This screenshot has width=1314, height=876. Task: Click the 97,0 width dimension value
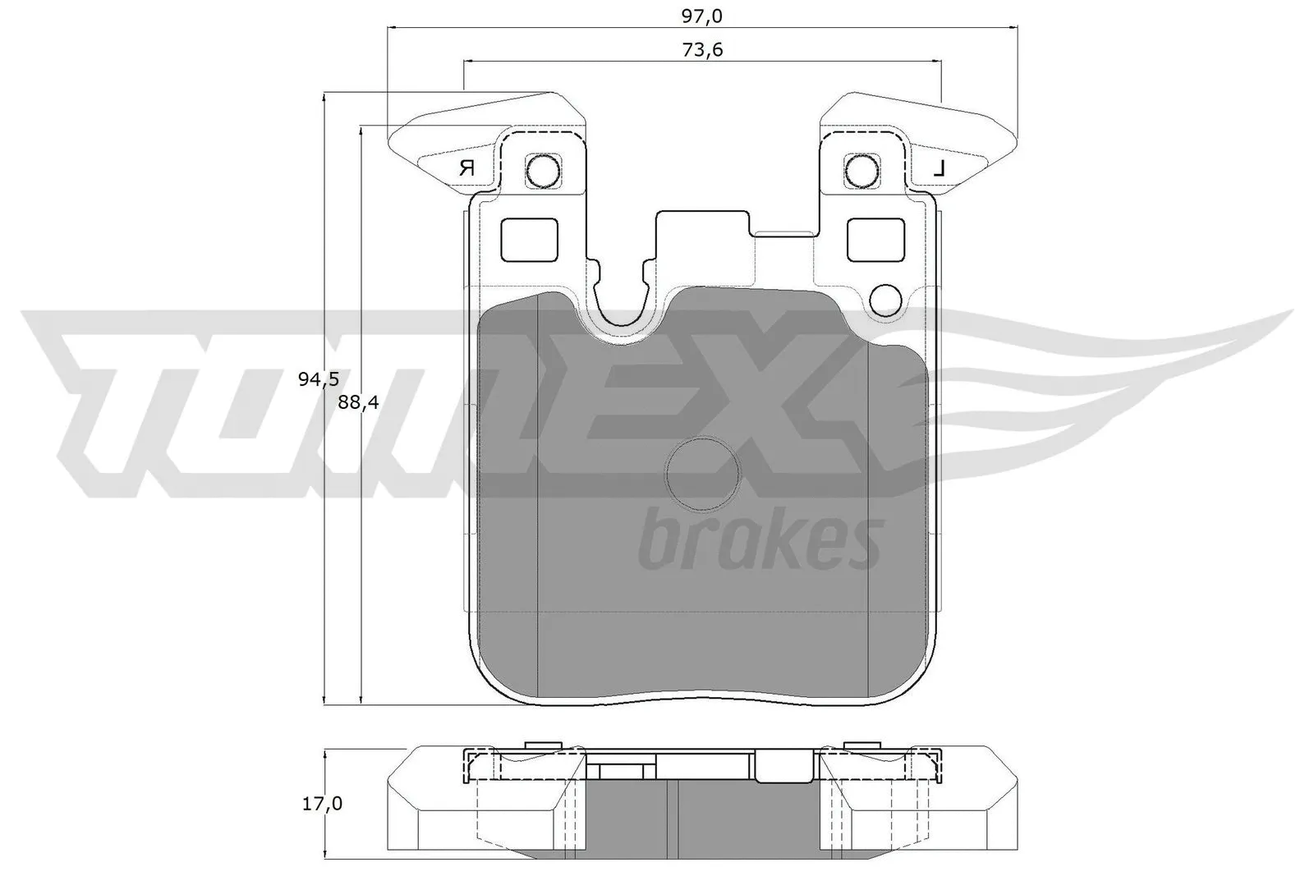[701, 14]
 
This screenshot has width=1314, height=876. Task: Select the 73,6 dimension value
[701, 50]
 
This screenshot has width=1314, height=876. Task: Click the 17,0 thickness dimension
[321, 804]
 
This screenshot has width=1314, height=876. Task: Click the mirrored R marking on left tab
[467, 168]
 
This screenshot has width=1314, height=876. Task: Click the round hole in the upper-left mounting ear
[542, 171]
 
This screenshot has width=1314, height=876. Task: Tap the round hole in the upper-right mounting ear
[861, 171]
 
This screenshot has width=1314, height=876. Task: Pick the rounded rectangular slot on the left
[529, 241]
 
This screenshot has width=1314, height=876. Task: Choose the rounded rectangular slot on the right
[875, 241]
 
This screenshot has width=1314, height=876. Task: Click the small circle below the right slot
[885, 300]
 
